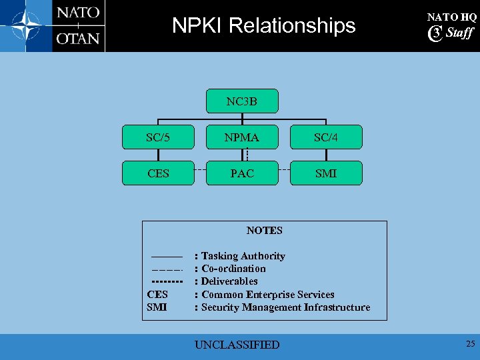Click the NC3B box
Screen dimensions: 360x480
[x=241, y=101]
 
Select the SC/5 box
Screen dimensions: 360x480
[x=158, y=137]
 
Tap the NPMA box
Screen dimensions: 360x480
[x=241, y=137]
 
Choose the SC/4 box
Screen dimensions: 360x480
[x=326, y=137]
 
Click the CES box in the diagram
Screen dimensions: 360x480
[x=158, y=173]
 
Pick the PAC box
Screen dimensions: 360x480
[x=241, y=173]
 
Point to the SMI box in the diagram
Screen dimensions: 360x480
[x=326, y=173]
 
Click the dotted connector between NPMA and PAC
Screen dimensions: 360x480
[x=247, y=155]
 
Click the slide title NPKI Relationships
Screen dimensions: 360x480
[x=264, y=25]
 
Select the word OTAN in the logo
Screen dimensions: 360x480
[x=78, y=38]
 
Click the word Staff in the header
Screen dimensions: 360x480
[x=459, y=33]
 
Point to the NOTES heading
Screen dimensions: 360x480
[x=265, y=231]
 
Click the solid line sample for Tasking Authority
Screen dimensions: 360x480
[x=167, y=257]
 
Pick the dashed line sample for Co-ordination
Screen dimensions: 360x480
[x=167, y=269]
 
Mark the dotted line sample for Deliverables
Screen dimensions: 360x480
[x=167, y=282]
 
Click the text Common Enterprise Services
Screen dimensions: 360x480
[x=267, y=295]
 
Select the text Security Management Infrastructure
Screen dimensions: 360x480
[x=285, y=307]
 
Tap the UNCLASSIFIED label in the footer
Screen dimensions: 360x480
[x=237, y=345]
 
